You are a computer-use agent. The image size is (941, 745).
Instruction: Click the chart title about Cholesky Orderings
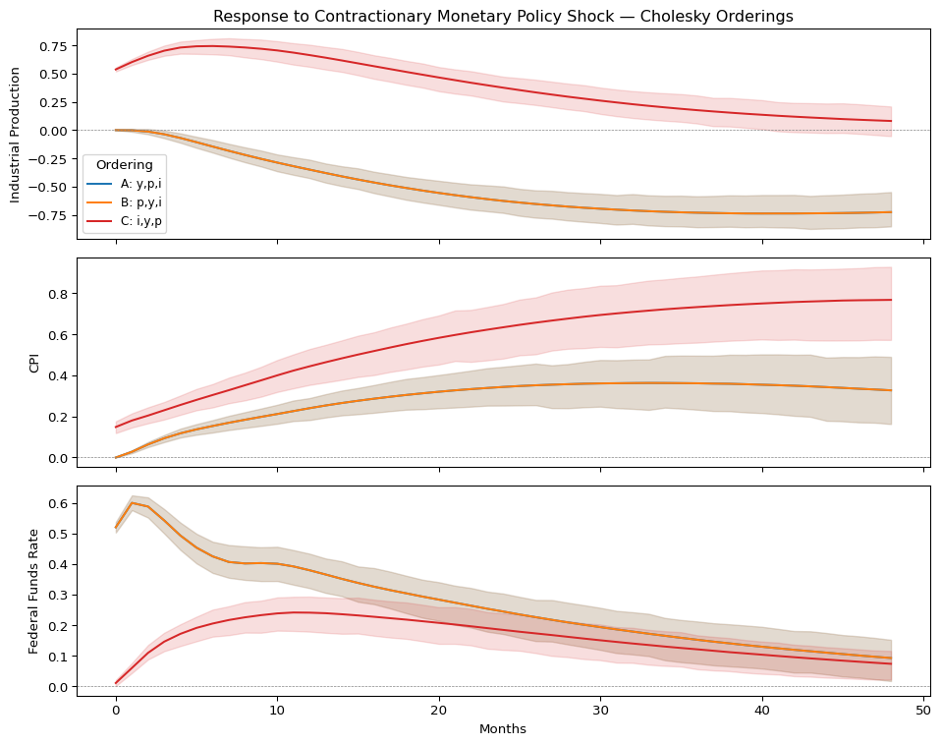point(503,17)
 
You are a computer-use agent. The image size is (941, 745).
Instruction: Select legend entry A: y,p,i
point(134,184)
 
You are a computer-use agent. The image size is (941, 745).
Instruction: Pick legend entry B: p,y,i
point(134,203)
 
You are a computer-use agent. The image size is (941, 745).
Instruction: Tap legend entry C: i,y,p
point(134,222)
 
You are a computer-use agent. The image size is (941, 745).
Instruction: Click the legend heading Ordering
point(124,164)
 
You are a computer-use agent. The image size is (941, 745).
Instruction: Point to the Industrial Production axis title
point(16,134)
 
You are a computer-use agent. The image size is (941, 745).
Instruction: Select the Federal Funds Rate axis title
point(33,591)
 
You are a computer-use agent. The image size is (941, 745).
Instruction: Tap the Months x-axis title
point(503,729)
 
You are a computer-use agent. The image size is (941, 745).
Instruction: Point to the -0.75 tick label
point(48,215)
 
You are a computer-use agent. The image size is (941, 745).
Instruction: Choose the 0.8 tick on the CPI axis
point(58,294)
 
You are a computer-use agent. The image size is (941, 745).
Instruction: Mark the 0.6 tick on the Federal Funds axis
point(58,503)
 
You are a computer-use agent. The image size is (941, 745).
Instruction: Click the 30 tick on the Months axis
point(600,711)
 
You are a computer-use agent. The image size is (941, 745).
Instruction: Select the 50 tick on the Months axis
point(923,711)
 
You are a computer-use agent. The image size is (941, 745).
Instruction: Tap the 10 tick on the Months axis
point(277,711)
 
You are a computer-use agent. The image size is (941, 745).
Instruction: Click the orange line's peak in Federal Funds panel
point(132,503)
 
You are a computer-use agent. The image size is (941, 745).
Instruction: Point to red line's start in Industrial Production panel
point(116,70)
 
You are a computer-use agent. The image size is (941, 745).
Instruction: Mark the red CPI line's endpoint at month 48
point(891,300)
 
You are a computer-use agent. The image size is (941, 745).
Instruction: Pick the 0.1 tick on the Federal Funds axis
point(58,657)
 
